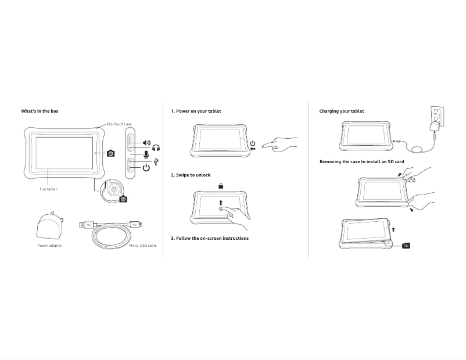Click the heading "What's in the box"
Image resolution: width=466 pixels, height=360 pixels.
(x=40, y=111)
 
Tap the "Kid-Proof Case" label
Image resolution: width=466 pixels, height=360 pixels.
(x=119, y=124)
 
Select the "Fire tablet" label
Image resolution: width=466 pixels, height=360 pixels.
(x=48, y=189)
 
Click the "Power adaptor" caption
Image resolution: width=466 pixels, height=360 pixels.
(x=49, y=246)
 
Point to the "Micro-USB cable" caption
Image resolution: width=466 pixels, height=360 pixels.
(x=143, y=246)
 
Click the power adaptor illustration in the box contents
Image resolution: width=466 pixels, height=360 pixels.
(x=49, y=226)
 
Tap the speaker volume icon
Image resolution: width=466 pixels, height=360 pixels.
(x=146, y=143)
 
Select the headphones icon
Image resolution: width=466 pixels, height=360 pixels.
(x=156, y=149)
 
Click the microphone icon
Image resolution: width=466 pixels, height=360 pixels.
(x=146, y=155)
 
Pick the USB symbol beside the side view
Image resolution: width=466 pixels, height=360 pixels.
(x=156, y=161)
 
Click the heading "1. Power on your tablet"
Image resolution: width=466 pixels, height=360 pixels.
(x=196, y=111)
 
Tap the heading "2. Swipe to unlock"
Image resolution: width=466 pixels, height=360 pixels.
(x=191, y=175)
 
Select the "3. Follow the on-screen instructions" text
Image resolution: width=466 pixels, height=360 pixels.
(x=210, y=238)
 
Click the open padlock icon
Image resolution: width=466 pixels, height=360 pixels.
(x=221, y=186)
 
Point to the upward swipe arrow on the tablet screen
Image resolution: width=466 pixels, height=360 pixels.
(x=221, y=202)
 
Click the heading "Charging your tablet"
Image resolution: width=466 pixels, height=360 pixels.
(x=342, y=111)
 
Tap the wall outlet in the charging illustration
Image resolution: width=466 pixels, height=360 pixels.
(x=437, y=116)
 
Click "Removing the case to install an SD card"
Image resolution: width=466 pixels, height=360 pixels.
(x=361, y=161)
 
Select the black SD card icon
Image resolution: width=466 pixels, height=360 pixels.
(x=406, y=246)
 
